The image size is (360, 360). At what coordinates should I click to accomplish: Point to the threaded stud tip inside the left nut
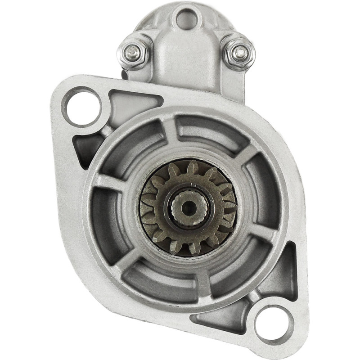point(134,52)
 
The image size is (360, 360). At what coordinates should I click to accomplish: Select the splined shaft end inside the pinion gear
point(189,207)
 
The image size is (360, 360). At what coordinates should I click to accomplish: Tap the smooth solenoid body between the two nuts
point(185,58)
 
